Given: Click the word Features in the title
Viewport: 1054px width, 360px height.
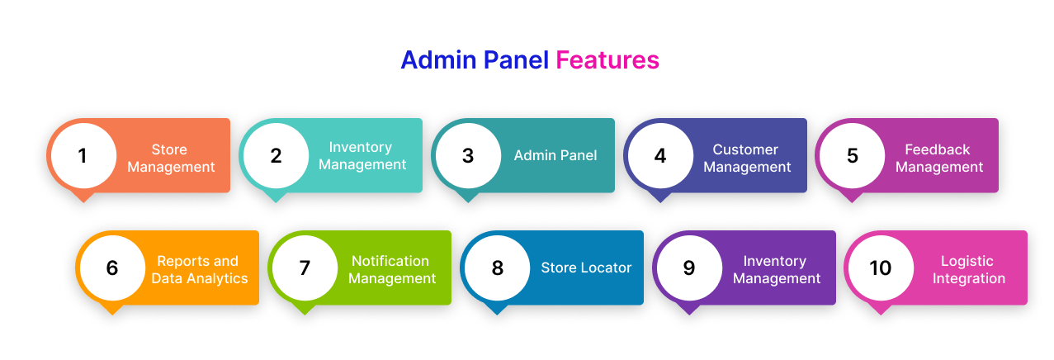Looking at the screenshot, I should click(607, 60).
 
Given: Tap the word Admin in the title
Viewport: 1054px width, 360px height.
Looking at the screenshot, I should click(437, 60).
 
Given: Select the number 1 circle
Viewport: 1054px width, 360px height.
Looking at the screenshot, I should click(83, 155).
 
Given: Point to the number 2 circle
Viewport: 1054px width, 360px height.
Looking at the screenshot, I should click(276, 155).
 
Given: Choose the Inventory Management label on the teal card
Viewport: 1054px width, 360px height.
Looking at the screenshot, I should click(362, 155).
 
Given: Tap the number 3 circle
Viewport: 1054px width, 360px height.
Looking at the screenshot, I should click(468, 155).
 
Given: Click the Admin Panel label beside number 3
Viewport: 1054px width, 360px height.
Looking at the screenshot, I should click(555, 155).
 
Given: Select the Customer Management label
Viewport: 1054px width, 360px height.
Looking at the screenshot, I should click(746, 159).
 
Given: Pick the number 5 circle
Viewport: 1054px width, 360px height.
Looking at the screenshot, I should click(853, 155).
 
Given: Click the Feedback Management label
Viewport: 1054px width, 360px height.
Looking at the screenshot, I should click(938, 159).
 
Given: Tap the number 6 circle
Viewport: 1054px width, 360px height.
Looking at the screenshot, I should click(112, 268).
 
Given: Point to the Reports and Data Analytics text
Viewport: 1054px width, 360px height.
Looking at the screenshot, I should click(199, 270).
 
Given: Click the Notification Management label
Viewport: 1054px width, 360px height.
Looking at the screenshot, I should click(391, 270).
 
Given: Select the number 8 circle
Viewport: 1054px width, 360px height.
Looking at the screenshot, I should click(497, 268).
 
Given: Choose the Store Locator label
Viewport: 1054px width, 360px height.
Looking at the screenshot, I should click(586, 268).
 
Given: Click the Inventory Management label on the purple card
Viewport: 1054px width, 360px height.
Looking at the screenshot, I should click(776, 270).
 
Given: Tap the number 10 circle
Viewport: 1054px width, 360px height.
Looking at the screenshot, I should click(881, 268).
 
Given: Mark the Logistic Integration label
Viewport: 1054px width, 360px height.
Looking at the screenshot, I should click(968, 270).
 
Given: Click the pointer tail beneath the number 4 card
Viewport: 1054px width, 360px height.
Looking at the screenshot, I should click(659, 197).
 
